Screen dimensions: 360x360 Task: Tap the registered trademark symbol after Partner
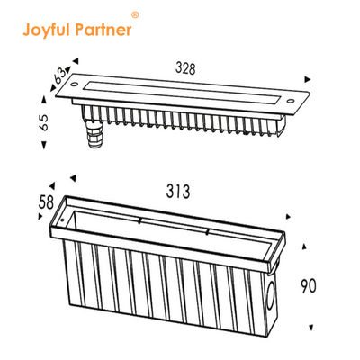(x=135, y=15)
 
